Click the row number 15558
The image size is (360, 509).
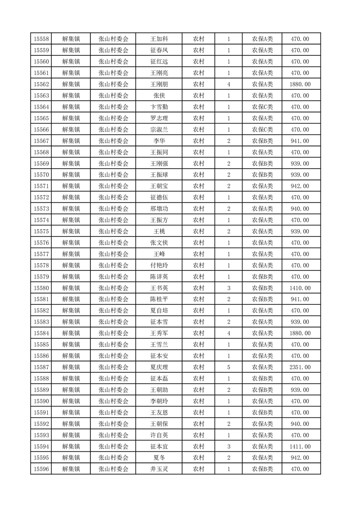click(x=41, y=39)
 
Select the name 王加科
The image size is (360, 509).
click(x=159, y=39)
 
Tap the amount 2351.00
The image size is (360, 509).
click(x=300, y=367)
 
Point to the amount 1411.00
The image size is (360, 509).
click(x=300, y=446)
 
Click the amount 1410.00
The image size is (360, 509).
click(x=300, y=288)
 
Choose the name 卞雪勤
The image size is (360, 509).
click(x=159, y=107)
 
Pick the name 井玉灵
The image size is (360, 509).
click(x=159, y=469)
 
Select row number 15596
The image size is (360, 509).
click(x=41, y=469)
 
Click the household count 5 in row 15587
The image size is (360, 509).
click(x=228, y=367)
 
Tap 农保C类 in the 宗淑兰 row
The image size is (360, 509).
click(x=262, y=130)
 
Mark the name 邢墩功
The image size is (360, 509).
click(x=159, y=209)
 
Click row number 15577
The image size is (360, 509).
click(x=41, y=254)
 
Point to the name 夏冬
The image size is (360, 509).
click(x=159, y=458)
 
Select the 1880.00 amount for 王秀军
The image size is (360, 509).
click(x=300, y=333)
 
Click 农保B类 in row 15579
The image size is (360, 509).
click(x=262, y=277)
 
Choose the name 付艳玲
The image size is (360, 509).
click(x=159, y=265)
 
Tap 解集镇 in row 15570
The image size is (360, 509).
click(x=71, y=175)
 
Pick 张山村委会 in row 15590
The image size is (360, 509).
click(x=113, y=401)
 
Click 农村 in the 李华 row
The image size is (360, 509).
click(x=198, y=141)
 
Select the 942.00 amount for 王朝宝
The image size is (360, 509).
click(x=300, y=186)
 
